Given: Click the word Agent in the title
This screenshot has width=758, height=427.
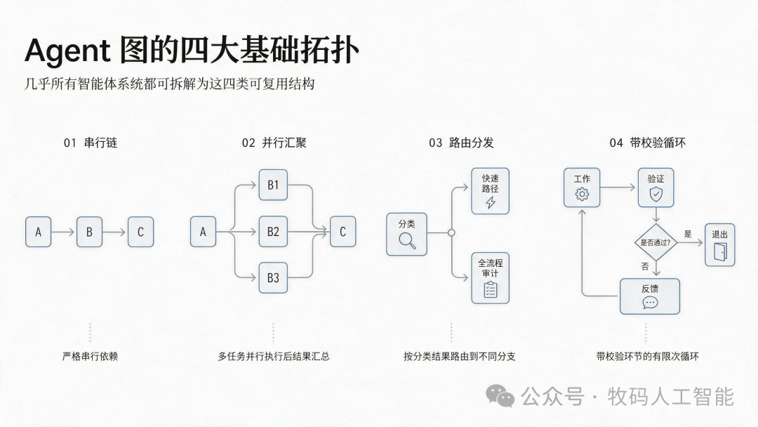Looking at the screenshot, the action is point(67,51).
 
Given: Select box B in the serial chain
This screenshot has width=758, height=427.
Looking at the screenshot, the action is point(89,232).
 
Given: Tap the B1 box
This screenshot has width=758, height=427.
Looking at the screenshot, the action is point(273,185).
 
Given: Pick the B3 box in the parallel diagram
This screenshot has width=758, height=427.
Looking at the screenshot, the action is point(273,277).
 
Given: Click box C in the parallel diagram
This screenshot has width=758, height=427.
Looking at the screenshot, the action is point(343,232).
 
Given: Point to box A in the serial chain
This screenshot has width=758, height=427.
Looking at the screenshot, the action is point(38,232).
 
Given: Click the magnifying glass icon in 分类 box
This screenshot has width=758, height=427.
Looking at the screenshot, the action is point(407,240).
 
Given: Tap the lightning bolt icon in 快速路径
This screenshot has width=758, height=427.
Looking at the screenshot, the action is point(491,202).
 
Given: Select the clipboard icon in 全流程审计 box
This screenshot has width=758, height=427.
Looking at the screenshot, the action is point(490,289).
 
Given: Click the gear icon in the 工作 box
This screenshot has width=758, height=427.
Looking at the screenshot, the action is point(582,195).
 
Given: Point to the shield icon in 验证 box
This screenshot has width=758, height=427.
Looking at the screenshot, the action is point(656,195).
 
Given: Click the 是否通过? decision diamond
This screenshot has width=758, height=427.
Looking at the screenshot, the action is point(656,242).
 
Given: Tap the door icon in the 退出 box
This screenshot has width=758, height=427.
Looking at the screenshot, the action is point(720,252).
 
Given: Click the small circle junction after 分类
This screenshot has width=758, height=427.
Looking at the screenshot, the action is point(451,232).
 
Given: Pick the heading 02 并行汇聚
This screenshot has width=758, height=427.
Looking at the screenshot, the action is point(274,143).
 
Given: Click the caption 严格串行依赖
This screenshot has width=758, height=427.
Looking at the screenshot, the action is point(90,356).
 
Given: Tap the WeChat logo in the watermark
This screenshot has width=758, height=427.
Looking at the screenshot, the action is point(500,397).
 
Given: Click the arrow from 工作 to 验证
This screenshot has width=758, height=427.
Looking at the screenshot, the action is point(618,187).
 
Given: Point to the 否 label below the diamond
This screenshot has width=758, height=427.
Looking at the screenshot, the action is point(645,266).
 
